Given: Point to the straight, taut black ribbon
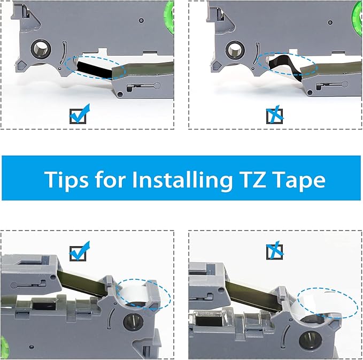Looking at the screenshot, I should [96, 67].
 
